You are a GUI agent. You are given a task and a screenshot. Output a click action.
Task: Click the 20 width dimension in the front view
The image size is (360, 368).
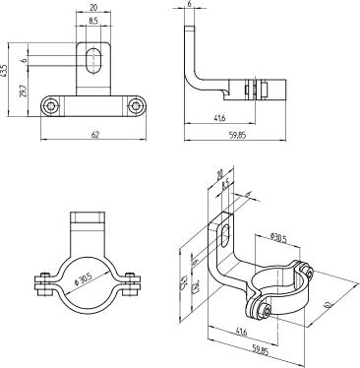pyautogui.click(x=92, y=7)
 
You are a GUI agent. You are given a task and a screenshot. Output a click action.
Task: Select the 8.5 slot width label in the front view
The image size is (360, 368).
pyautogui.click(x=92, y=20)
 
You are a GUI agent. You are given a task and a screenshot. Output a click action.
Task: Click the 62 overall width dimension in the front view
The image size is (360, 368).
pyautogui.click(x=92, y=137)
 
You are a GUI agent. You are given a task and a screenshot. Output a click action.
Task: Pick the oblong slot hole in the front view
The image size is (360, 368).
pyautogui.click(x=92, y=60)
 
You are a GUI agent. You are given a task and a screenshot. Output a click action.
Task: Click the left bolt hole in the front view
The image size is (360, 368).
pyautogui.click(x=51, y=105)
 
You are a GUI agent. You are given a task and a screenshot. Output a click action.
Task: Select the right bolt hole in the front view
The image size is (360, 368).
pyautogui.click(x=135, y=105)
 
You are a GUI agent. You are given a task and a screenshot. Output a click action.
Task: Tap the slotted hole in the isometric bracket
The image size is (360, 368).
pyautogui.click(x=226, y=234)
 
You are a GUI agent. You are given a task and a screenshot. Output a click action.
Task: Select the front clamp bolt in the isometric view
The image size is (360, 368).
pyautogui.click(x=266, y=312)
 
